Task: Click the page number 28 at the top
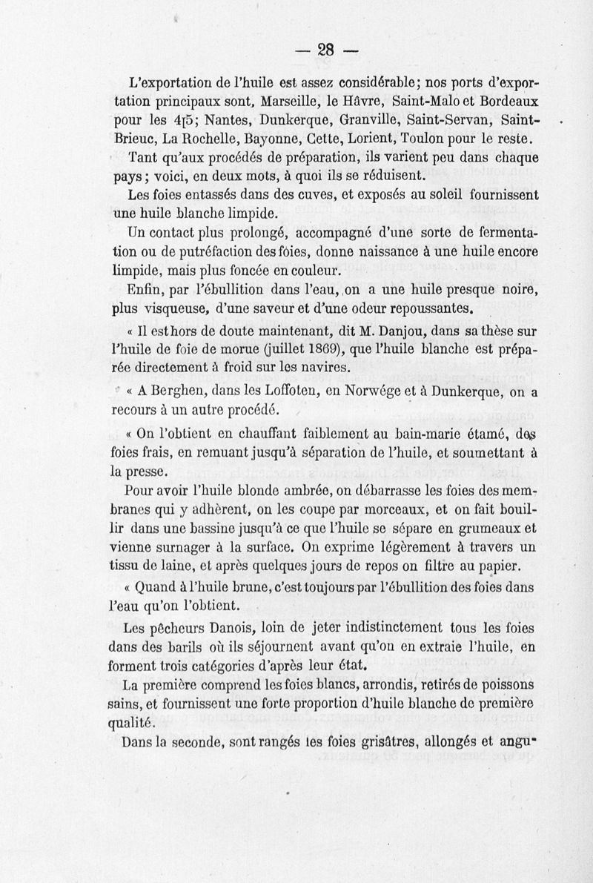tap(327, 50)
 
